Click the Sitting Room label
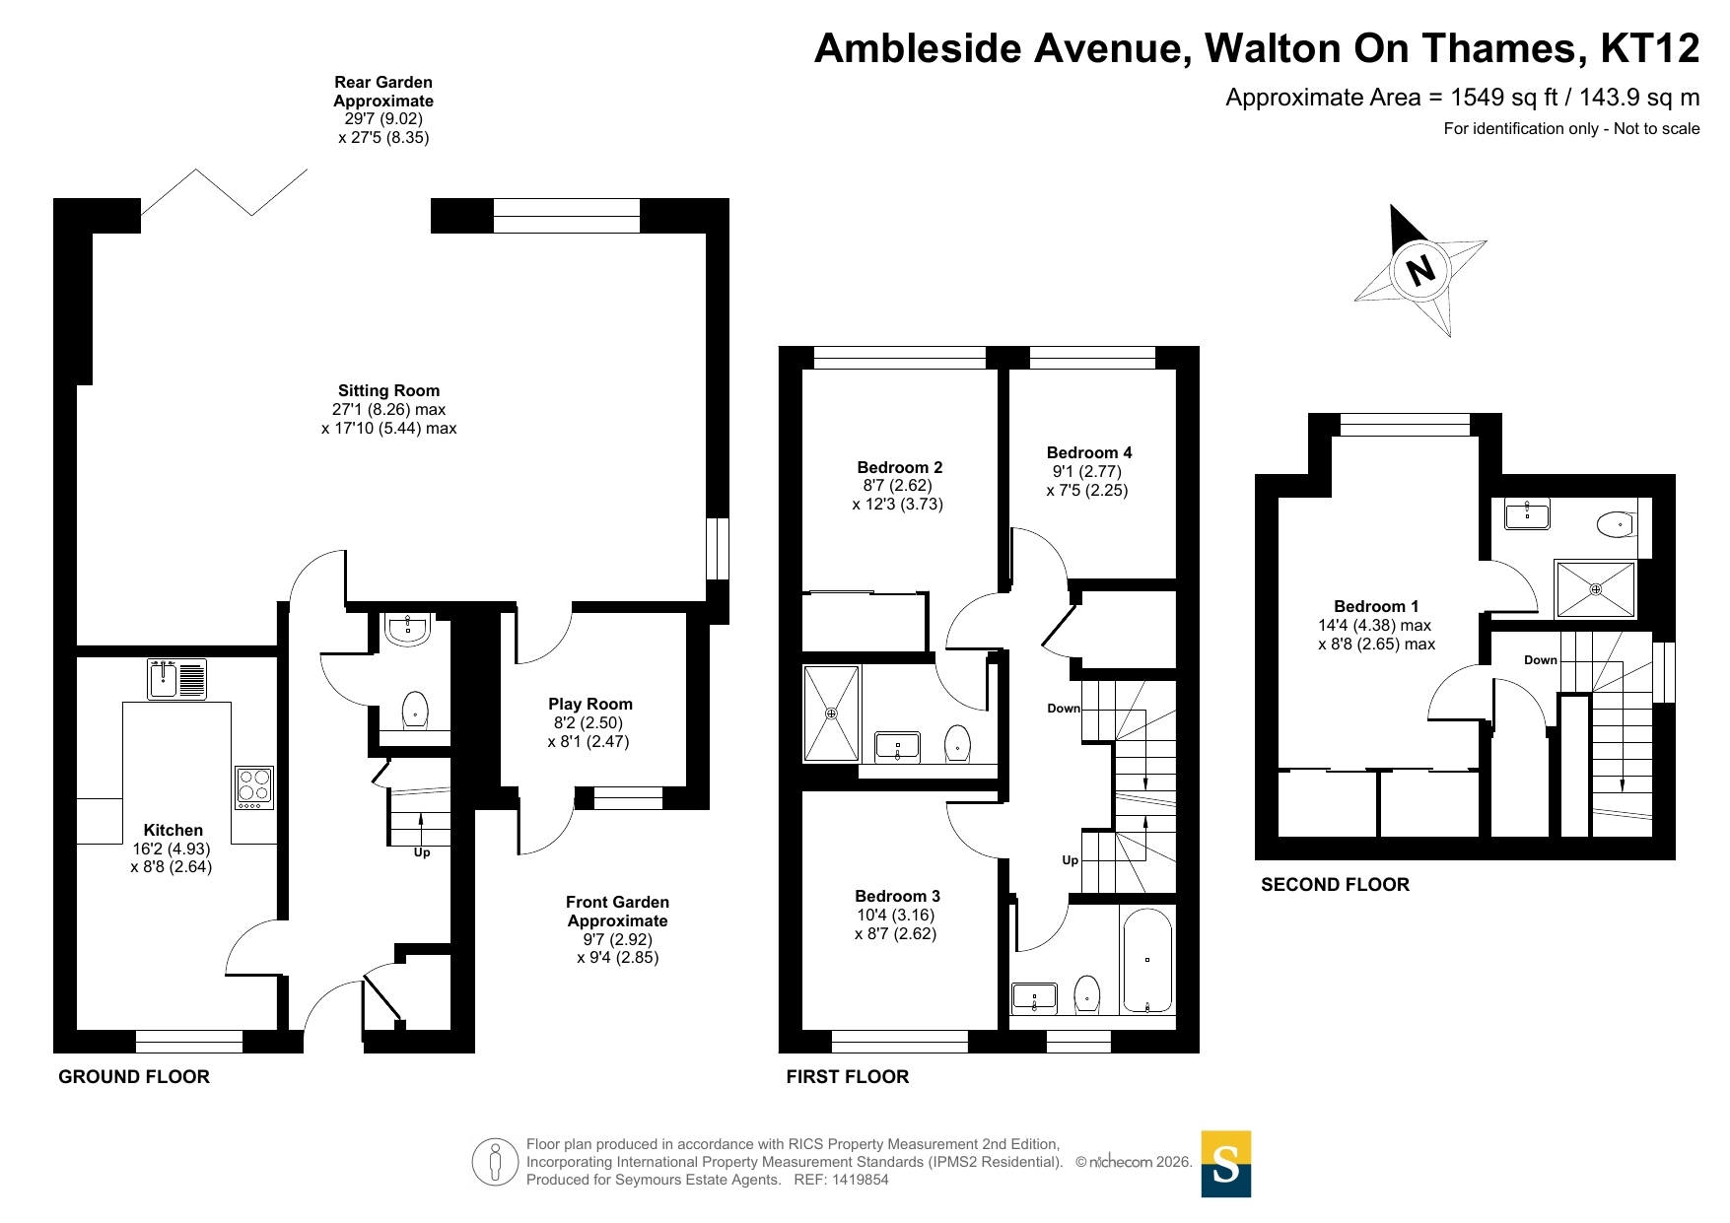point(388,390)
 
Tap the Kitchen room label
point(173,830)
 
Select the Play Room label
point(590,704)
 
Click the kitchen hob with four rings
point(254,787)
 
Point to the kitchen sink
point(177,679)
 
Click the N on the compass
point(1420,269)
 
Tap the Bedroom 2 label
point(899,467)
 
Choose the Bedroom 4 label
point(1089,452)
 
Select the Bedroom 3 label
point(897,896)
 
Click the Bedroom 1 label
point(1376,606)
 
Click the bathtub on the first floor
point(1146,960)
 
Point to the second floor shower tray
point(1595,588)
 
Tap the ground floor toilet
point(416,710)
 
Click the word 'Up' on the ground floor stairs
point(422,852)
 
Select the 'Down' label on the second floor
point(1540,660)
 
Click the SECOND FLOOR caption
point(1335,885)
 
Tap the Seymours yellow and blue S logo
point(1225,1164)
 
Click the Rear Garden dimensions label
point(383,109)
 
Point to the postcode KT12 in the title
point(1650,48)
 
